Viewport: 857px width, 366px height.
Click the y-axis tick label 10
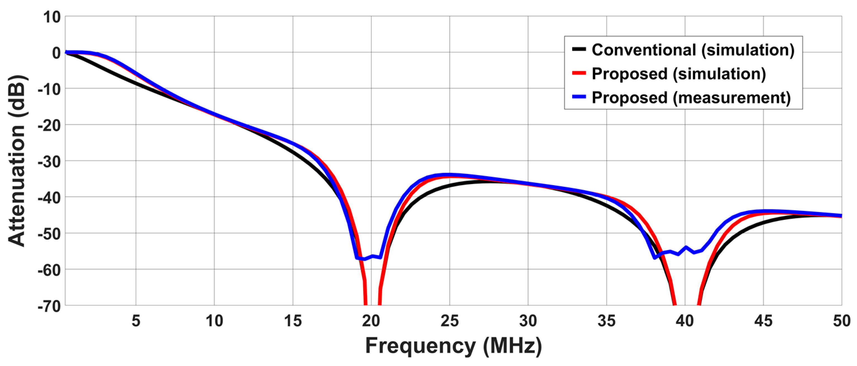pos(52,17)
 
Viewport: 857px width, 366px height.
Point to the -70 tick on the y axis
pos(49,306)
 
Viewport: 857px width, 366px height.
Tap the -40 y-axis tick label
pos(49,198)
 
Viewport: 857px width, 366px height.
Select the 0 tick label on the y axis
pos(56,53)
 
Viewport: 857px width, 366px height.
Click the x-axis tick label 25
pos(450,321)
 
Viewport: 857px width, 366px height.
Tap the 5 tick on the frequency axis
pos(136,321)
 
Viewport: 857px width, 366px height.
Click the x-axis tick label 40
pos(685,321)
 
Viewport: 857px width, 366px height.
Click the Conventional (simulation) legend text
pos(693,50)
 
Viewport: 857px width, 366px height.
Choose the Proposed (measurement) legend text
pos(691,98)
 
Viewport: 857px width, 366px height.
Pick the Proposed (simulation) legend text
pos(679,74)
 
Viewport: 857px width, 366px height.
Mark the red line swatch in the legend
pos(579,73)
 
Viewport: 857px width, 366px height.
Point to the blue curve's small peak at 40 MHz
pos(686,247)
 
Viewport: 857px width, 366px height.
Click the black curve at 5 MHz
pos(136,82)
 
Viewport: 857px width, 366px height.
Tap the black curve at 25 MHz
pos(450,185)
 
